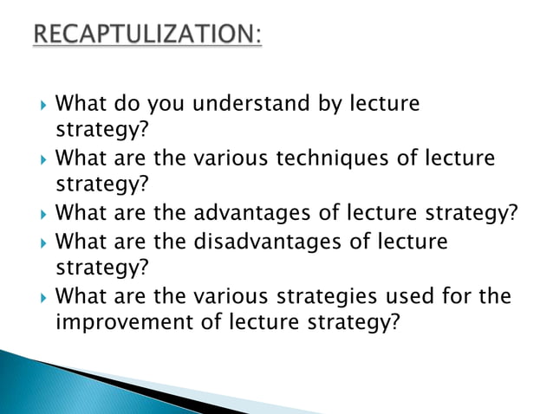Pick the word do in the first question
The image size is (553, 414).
[127, 106]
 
